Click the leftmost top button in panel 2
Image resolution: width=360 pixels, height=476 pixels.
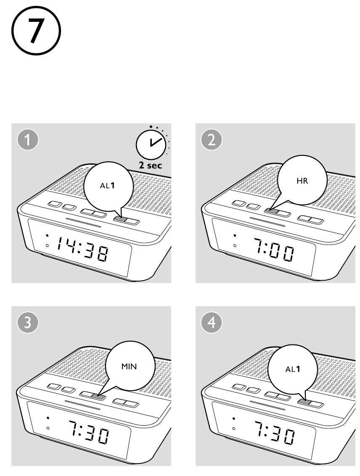239,203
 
